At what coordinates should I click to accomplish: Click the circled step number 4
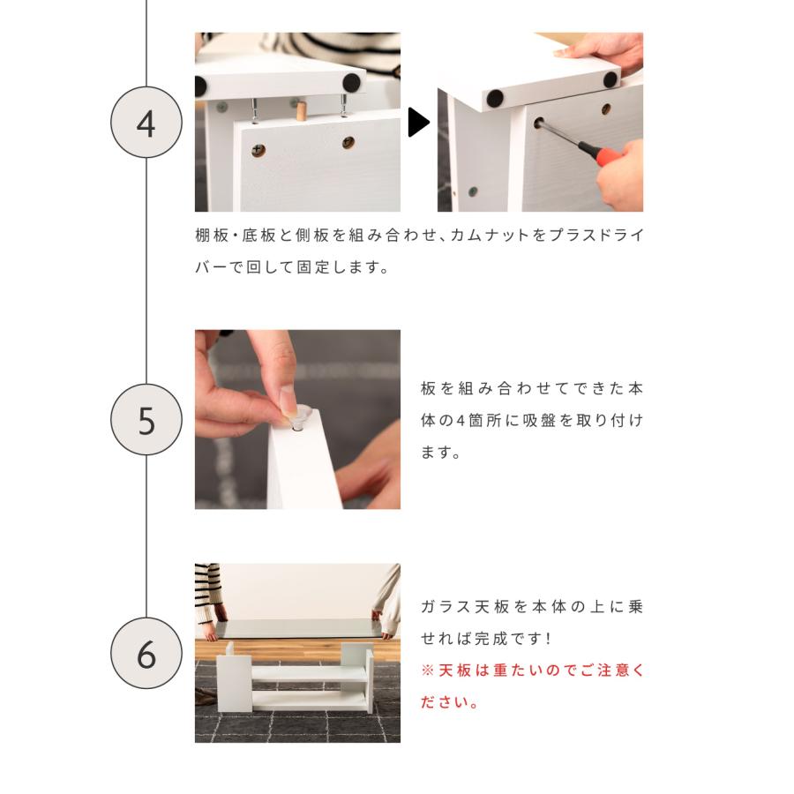[146, 123]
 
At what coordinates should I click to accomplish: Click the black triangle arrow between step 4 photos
[418, 123]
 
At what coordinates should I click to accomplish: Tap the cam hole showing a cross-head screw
[258, 150]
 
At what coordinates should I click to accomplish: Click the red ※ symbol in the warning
[428, 670]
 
